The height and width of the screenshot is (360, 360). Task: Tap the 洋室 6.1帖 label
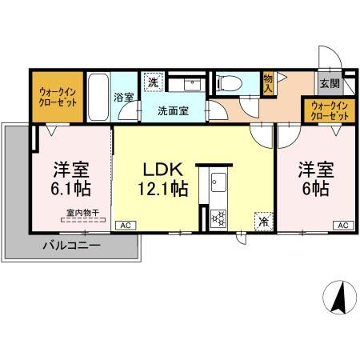tap(70, 179)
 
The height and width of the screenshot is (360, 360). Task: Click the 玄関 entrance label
tap(329, 83)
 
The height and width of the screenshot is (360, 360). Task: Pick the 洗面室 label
tap(172, 111)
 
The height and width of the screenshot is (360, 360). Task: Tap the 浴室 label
tap(124, 98)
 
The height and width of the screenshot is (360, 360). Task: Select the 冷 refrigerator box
tap(262, 222)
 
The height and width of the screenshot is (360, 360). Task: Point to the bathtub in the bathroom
tap(97, 97)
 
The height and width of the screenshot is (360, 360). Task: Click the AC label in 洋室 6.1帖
tap(123, 226)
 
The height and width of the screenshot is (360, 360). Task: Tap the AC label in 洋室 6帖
tap(340, 226)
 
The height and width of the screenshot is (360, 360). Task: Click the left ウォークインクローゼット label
tap(57, 98)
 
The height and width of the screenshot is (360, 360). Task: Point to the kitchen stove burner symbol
tap(217, 217)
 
